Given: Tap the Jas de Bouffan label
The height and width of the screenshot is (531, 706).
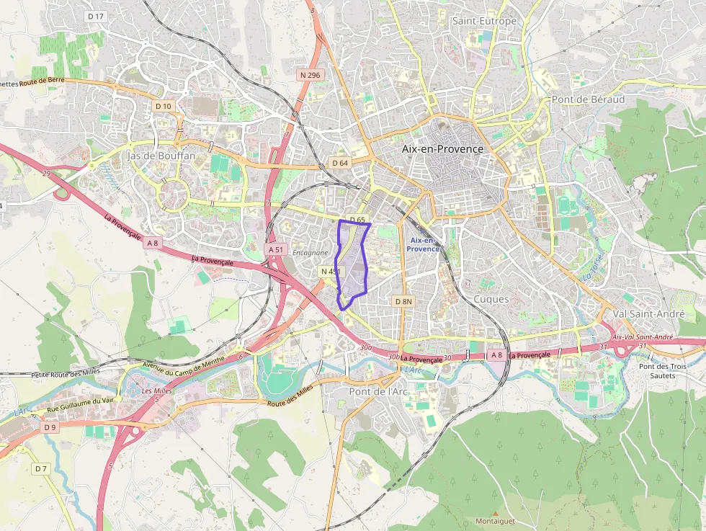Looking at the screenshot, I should coord(160,156).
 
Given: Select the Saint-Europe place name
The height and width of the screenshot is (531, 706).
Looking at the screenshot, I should coord(484,21).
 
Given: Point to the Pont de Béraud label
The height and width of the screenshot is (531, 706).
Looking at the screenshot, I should coord(588,99).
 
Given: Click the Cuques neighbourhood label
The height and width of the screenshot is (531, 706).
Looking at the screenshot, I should coord(491,299).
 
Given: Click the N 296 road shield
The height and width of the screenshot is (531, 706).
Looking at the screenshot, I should coord(310,75).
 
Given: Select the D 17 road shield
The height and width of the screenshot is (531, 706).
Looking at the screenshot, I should coord(95,16).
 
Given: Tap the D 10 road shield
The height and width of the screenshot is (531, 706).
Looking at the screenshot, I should coord(164,106).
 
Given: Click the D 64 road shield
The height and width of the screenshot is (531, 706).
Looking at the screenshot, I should coord(340,163).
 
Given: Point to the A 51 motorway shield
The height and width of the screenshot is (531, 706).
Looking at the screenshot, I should coord(277,249).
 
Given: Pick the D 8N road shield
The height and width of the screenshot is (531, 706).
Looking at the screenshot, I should coord(403,300).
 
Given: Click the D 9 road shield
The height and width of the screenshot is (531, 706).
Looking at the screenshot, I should coord(49,427).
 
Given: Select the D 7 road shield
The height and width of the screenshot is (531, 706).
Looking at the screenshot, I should coord(40,469).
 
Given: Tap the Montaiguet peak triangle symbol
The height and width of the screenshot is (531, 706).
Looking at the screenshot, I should coord(495,513).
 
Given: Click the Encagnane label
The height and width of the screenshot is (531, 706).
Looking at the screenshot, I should coord(310,253).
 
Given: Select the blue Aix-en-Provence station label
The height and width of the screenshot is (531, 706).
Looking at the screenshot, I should coord(423,244).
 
